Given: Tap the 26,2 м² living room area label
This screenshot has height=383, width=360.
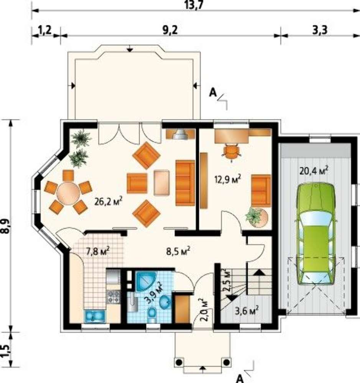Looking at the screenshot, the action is click(108, 201).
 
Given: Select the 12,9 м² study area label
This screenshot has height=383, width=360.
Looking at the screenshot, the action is click(227, 180).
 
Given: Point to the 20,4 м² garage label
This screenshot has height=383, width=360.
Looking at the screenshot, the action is click(314, 170).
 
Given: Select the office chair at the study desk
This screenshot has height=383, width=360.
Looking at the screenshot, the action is click(231, 151).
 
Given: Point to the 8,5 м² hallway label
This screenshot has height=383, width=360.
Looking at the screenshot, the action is click(178, 251).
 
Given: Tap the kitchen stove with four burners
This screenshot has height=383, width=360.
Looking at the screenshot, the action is click(114, 297).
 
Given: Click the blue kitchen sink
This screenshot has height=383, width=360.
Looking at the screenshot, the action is click(95, 316).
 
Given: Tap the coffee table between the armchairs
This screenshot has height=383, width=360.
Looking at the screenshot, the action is click(162, 183).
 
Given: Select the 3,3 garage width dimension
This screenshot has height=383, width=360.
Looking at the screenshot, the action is click(320, 31).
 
